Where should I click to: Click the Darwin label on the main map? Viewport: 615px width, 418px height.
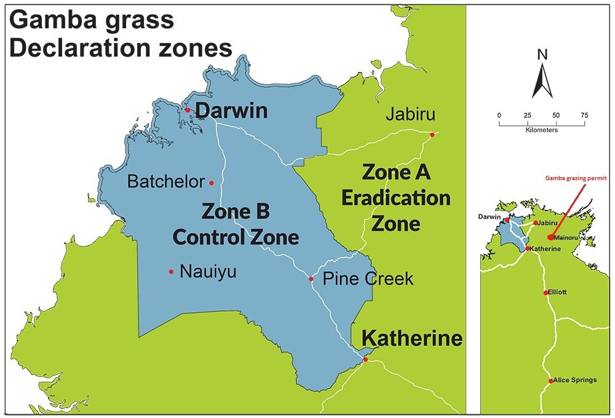232,111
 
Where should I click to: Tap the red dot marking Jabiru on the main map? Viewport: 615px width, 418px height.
432,135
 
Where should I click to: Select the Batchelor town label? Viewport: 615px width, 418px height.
165,182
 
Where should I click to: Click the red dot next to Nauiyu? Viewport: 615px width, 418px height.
171,271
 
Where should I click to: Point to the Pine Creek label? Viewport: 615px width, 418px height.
368,279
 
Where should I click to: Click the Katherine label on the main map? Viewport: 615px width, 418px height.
411,338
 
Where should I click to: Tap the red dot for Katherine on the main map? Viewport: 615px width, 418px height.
365,360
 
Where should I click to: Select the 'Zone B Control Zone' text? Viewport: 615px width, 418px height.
236,224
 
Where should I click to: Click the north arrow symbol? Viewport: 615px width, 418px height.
542,81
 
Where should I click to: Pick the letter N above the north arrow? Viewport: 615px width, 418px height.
542,54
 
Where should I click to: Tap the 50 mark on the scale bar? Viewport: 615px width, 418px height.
556,115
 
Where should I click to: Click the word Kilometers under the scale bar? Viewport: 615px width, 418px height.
542,130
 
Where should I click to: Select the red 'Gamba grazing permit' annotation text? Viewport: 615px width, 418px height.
575,178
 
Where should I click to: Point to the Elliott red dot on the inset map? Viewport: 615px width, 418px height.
546,293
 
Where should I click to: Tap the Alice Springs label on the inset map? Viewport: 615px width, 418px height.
575,380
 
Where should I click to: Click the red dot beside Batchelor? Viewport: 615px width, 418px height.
212,183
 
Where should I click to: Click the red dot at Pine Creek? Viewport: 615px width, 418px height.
311,279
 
